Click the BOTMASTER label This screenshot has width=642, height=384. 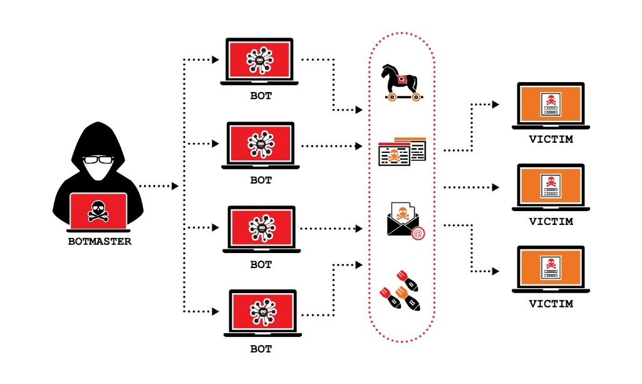click(x=100, y=241)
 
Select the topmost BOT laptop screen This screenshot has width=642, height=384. click(x=260, y=61)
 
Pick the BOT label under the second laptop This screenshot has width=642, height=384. click(x=261, y=180)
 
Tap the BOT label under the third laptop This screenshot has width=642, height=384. click(x=261, y=264)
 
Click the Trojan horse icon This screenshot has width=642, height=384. click(x=401, y=81)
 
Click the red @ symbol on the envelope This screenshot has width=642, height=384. click(x=418, y=234)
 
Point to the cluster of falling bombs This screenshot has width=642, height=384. click(x=401, y=291)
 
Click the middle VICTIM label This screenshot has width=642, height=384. click(x=551, y=221)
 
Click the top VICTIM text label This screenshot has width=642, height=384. click(x=551, y=139)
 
